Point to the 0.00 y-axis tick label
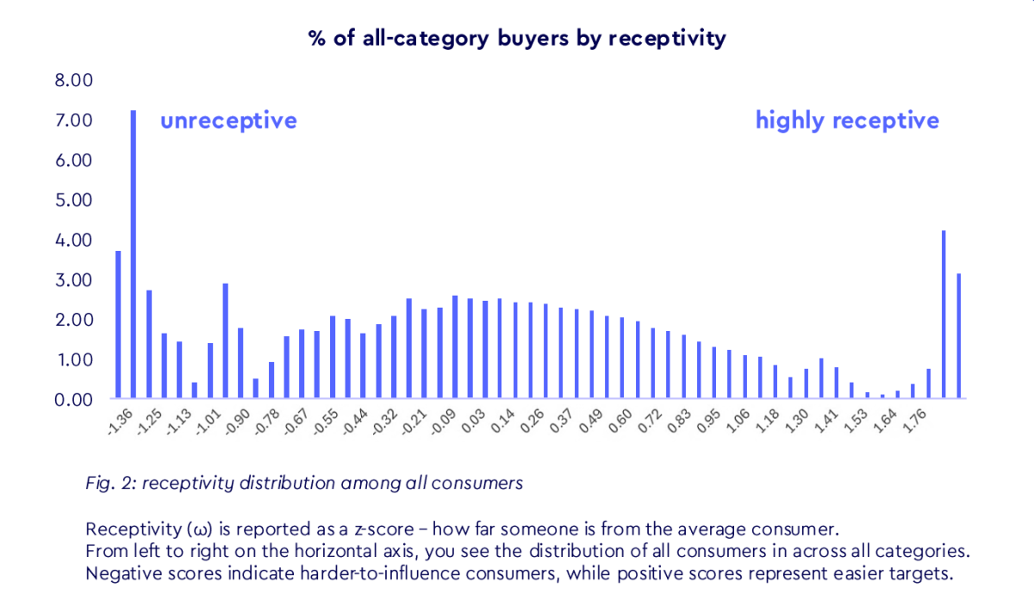[x=73, y=400]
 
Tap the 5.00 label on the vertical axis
[x=73, y=200]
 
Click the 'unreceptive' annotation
[x=228, y=120]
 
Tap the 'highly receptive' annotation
[x=847, y=120]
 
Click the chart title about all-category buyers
[x=517, y=38]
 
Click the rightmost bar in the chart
[x=959, y=336]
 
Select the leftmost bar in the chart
[x=118, y=325]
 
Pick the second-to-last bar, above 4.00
[x=944, y=315]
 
